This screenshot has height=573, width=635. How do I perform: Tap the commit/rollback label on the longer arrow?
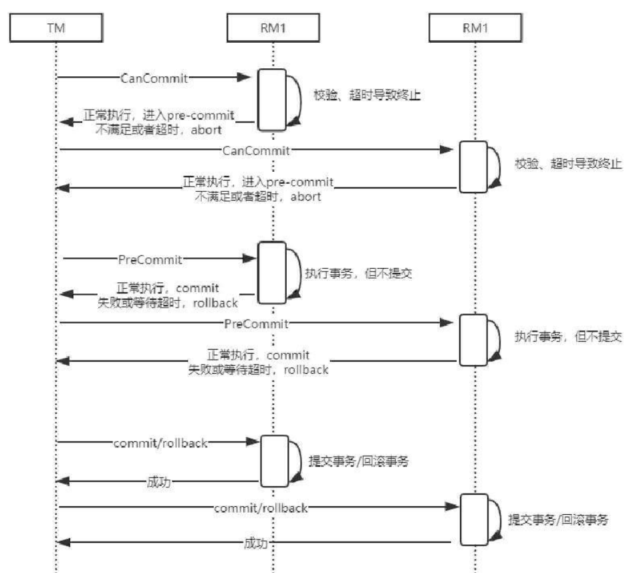(x=261, y=508)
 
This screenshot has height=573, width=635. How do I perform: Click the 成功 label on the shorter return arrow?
(x=158, y=481)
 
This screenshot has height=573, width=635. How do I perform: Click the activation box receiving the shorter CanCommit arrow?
(x=273, y=100)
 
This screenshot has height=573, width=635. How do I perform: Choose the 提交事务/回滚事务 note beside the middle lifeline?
(x=358, y=461)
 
